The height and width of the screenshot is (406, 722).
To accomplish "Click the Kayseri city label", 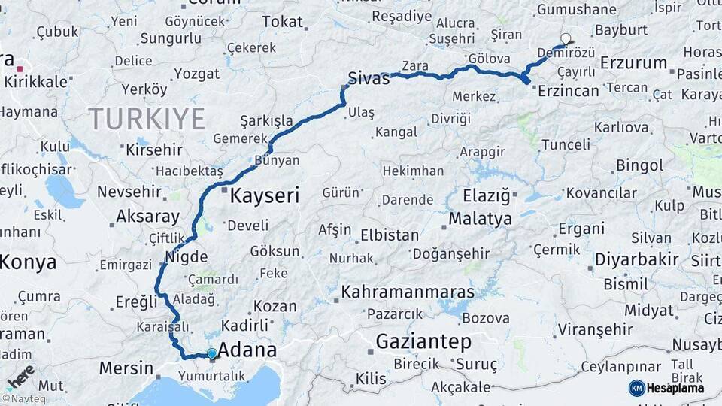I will coord(264,197).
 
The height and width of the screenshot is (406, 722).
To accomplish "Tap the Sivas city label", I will coord(369,78).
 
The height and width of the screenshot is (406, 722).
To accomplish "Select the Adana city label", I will coord(247,350).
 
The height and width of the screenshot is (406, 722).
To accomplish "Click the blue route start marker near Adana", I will coord(212,353).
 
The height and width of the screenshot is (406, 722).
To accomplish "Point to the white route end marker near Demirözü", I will coord(566,38).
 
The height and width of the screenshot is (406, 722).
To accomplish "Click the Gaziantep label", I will coord(423,342).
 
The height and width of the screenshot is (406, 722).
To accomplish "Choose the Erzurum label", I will coord(633,63).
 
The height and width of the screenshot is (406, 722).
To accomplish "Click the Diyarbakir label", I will coord(637,260).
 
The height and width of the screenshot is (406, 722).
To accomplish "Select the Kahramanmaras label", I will coord(408,292).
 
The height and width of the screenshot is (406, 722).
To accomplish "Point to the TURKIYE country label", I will coord(147,119).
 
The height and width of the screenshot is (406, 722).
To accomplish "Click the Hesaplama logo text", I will coord(675,388).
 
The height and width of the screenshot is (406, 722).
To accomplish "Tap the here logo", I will coord(20,376).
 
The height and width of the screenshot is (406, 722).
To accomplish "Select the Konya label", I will coord(28,262).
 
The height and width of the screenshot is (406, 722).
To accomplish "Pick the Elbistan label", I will coord(389,235).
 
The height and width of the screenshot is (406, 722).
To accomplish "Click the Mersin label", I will coord(126,369).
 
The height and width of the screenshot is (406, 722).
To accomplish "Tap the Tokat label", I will coord(282,22).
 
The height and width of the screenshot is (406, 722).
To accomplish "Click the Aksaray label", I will coord(147,217).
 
